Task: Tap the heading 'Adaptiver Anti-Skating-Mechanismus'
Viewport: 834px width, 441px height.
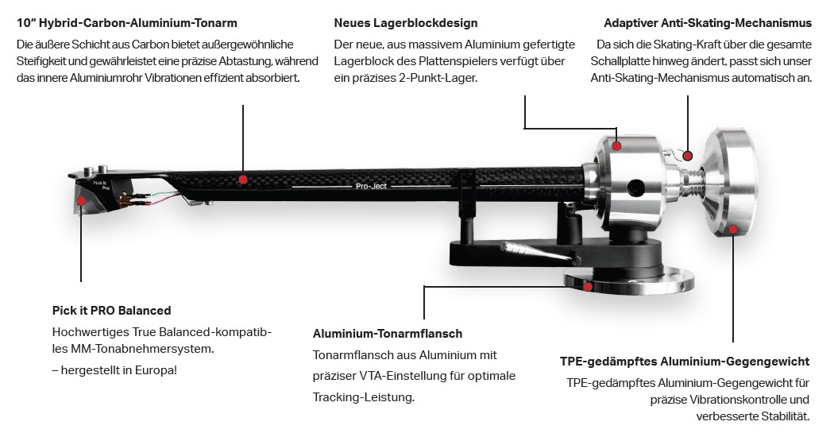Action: [708, 24]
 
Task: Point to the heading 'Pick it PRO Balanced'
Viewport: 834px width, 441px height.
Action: [111, 311]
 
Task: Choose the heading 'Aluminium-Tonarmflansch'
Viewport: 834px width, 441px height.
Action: [388, 334]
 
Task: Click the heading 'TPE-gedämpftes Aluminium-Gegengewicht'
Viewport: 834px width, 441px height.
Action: [684, 362]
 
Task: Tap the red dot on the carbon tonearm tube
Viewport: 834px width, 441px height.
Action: [243, 180]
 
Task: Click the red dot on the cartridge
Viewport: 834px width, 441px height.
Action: [81, 200]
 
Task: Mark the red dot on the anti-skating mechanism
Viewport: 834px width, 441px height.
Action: [688, 156]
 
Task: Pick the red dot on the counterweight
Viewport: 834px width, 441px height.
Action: [732, 230]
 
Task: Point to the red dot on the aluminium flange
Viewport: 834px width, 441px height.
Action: [588, 287]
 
